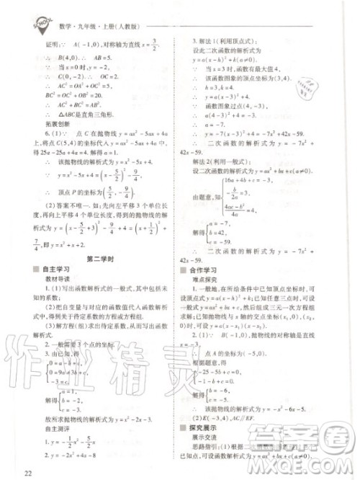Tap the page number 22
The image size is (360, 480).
28,472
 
